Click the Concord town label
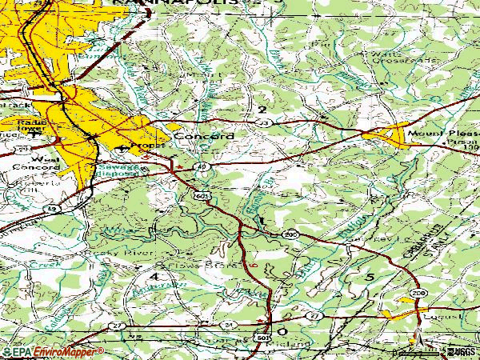[x=205, y=136]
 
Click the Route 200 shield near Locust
[x=418, y=294]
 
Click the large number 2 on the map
[x=262, y=109]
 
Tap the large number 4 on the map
[x=153, y=277]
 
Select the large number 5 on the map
[x=370, y=277]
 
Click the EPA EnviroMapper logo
[x=53, y=351]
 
